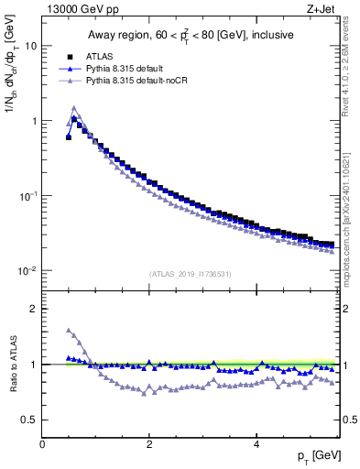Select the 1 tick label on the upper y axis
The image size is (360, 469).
coord(33,121)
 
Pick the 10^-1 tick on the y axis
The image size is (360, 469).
coord(27,196)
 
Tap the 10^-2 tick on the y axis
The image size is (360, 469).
coord(27,271)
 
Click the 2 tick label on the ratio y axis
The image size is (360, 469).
coord(33,309)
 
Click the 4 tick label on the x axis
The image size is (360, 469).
coord(256,443)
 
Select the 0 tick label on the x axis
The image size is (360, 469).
coord(42,443)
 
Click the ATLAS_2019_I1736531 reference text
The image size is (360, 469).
coord(191,274)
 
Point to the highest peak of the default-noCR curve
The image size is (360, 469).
coord(74,107)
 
